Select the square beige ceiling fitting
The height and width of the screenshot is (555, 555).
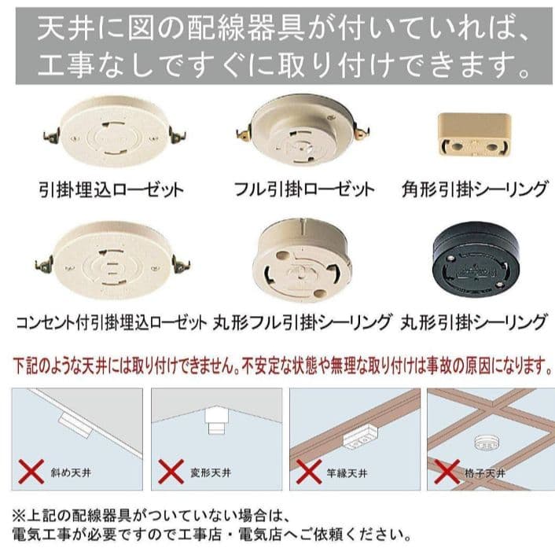pyautogui.click(x=474, y=135)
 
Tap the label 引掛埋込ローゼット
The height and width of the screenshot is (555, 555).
pyautogui.click(x=111, y=189)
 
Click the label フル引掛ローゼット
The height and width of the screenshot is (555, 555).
pyautogui.click(x=304, y=189)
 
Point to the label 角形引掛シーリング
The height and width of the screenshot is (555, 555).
pyautogui.click(x=475, y=189)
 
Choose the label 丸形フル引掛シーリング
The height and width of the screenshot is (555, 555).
pyautogui.click(x=303, y=322)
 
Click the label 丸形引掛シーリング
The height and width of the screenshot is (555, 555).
pyautogui.click(x=474, y=322)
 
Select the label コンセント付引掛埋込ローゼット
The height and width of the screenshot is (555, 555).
pyautogui.click(x=111, y=322)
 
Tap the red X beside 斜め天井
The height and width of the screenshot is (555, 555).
pyautogui.click(x=31, y=472)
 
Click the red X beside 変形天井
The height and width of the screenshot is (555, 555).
pyautogui.click(x=171, y=472)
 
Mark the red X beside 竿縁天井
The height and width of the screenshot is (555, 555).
pyautogui.click(x=309, y=472)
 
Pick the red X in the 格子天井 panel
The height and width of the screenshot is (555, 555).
pyautogui.click(x=447, y=472)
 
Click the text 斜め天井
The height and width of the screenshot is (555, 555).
pyautogui.click(x=72, y=472)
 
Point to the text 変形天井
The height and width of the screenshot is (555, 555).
pyautogui.click(x=211, y=472)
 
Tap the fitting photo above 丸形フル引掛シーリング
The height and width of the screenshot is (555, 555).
pyautogui.click(x=302, y=260)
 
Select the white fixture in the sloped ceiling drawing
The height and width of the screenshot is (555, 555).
pyautogui.click(x=75, y=425)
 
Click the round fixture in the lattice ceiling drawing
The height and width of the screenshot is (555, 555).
pyautogui.click(x=487, y=443)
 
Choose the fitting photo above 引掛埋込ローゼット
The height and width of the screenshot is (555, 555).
pyautogui.click(x=114, y=131)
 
